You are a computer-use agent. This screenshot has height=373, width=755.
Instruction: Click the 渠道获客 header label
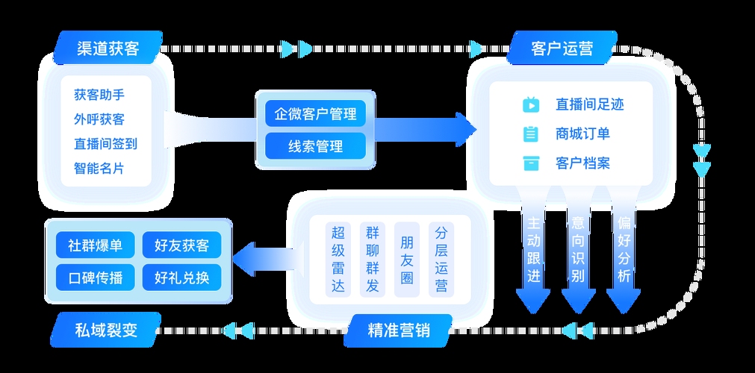108,48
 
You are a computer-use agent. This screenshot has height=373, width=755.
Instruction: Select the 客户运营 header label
562,48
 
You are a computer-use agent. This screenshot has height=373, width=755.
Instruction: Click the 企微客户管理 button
315,115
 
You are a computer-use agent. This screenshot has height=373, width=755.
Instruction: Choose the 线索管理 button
315,146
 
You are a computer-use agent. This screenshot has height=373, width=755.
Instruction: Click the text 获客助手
99,95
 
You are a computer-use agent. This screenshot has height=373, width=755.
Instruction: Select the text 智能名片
99,168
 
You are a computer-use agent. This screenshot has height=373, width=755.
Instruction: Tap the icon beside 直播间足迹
531,105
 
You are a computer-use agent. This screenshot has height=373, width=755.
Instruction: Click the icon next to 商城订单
531,134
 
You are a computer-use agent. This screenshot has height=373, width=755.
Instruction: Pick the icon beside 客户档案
531,163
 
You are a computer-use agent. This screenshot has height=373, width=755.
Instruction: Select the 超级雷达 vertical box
338,258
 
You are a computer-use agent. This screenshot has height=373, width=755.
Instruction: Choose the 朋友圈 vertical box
407,258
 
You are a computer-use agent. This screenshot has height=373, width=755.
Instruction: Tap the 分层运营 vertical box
441,258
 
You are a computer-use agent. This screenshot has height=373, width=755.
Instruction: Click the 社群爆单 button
95,245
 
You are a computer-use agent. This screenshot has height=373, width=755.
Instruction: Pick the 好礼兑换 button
181,278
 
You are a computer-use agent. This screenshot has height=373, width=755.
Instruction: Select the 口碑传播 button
95,278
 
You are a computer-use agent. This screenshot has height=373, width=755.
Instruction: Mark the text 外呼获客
99,119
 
